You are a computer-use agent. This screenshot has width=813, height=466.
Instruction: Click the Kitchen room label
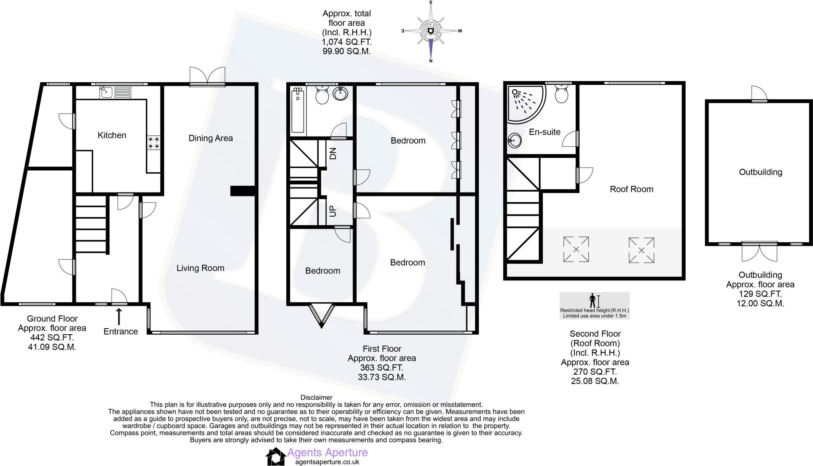[112, 135]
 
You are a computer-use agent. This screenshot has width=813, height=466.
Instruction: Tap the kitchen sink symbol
[106, 92]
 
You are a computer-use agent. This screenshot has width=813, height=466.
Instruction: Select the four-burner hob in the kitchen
[154, 143]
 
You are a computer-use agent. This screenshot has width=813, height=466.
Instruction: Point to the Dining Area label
[210, 138]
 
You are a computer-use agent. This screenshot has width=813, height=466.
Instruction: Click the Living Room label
[200, 268]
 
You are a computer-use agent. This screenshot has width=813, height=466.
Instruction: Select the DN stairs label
[333, 154]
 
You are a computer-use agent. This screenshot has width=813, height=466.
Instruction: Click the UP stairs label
[333, 211]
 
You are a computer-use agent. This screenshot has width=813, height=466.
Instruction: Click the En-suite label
[544, 132]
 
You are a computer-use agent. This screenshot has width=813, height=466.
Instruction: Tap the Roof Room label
[631, 189]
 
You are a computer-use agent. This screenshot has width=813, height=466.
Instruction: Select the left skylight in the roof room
[576, 249]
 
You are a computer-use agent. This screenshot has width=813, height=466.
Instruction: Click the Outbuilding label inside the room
[760, 172]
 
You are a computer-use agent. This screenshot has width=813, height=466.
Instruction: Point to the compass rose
[431, 31]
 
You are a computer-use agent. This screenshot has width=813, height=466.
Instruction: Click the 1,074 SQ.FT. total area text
[346, 42]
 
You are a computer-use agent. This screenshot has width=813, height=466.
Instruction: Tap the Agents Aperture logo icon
[275, 456]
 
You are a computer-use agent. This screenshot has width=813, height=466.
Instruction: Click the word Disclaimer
[316, 397]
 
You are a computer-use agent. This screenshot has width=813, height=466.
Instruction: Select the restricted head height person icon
[593, 300]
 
